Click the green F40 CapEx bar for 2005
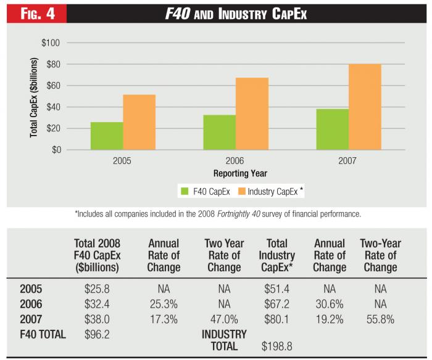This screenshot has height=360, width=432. click(x=106, y=136)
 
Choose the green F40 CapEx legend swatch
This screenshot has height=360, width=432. click(x=185, y=192)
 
